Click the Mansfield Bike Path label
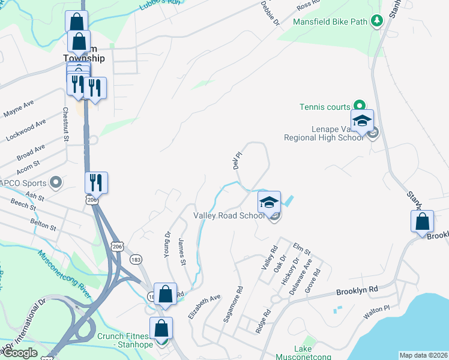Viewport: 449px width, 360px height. pyautogui.click(x=330, y=22)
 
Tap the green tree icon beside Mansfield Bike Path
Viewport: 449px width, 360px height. pyautogui.click(x=377, y=22)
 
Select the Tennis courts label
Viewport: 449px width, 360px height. pyautogui.click(x=325, y=107)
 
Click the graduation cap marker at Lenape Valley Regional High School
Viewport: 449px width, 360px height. pyautogui.click(x=363, y=121)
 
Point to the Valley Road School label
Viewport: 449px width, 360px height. pyautogui.click(x=228, y=216)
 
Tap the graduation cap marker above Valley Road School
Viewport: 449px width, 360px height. pyautogui.click(x=270, y=202)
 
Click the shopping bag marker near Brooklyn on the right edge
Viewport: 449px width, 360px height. pyautogui.click(x=423, y=221)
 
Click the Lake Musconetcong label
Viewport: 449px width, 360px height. pyautogui.click(x=312, y=353)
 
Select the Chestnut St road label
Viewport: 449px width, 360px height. pyautogui.click(x=65, y=125)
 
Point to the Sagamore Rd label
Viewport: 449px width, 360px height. pyautogui.click(x=233, y=305)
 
